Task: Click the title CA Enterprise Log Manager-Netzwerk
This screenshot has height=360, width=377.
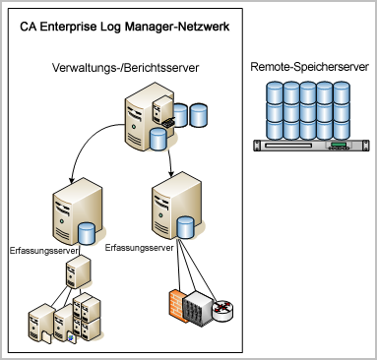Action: (126, 25)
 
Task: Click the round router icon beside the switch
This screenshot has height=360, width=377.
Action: (225, 309)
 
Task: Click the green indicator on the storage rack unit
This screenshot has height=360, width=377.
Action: (339, 150)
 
